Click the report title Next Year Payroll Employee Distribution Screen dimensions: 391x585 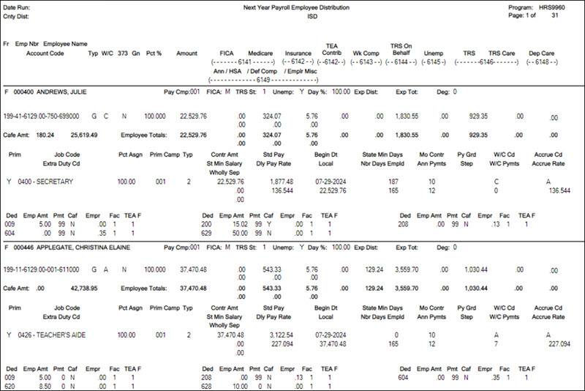click(296, 7)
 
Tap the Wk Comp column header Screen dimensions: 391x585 click(367, 53)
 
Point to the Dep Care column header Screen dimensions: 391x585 click(543, 53)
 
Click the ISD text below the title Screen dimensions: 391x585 click(296, 15)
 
